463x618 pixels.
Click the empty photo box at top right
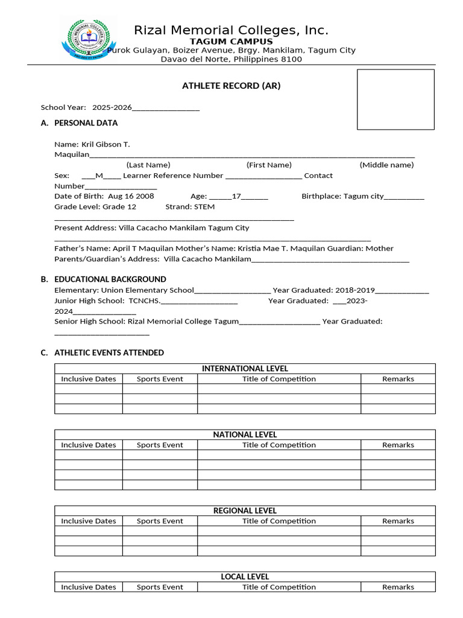pos(395,100)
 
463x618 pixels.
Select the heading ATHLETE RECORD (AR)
pos(231,86)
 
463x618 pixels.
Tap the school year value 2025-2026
pos(112,107)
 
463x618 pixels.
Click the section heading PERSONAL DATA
pos(86,123)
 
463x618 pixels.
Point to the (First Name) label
pos(269,165)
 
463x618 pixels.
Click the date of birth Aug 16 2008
pos(131,196)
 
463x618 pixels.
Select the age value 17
pos(237,196)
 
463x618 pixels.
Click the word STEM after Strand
pos(204,206)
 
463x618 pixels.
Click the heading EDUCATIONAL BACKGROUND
pos(110,279)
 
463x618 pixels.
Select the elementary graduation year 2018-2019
pos(355,290)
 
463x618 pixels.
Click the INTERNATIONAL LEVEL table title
pos(245,369)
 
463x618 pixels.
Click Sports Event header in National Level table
pos(160,445)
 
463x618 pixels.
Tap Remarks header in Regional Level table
pos(398,521)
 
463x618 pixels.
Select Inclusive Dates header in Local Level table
pos(89,587)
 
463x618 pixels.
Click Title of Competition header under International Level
pos(279,379)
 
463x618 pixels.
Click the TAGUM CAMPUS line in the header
pos(231,42)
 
